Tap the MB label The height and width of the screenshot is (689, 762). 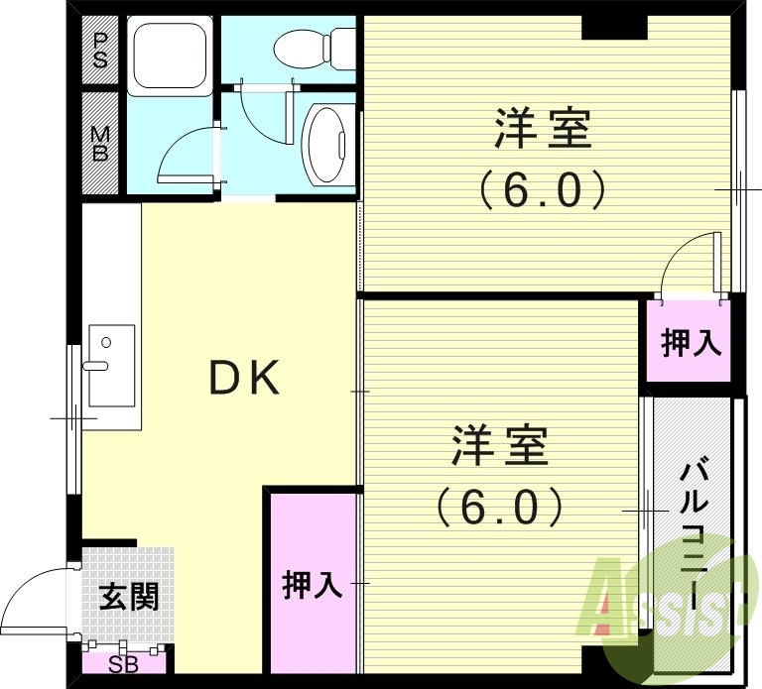[100, 143]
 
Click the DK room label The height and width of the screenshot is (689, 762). [245, 378]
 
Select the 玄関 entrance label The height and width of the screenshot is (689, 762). [128, 597]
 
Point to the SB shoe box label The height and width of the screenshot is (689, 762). [123, 665]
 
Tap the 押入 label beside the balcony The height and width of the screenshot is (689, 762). [691, 344]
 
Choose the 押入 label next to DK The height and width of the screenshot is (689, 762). [313, 585]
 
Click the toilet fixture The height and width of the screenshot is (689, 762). [316, 46]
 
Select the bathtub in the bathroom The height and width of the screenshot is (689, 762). [169, 57]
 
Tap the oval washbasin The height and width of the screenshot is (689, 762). [323, 145]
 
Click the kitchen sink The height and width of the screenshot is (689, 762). [109, 364]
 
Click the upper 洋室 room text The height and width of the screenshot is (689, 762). [543, 131]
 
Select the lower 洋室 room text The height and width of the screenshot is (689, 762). [500, 446]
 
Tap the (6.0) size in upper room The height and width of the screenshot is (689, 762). [542, 190]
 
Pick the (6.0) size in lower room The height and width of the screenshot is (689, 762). [500, 507]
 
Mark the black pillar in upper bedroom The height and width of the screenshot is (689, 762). [614, 28]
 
